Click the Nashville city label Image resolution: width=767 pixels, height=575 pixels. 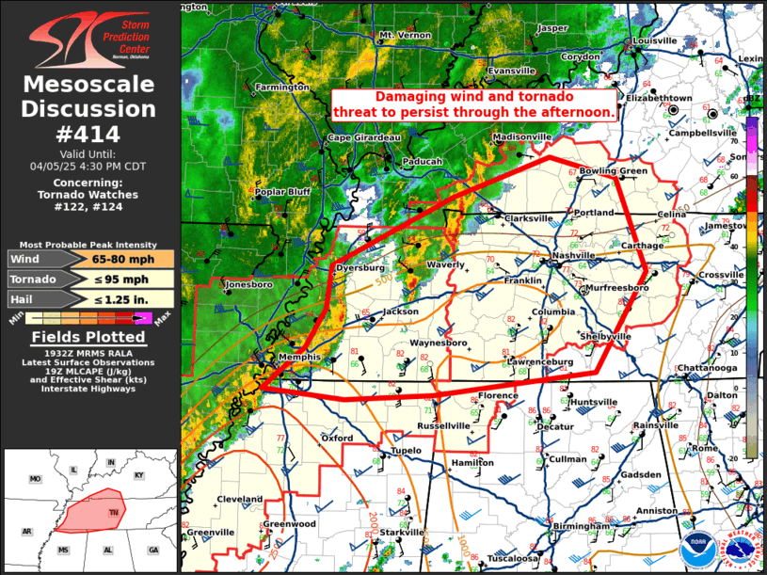574,255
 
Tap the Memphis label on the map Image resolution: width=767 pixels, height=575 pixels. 300,358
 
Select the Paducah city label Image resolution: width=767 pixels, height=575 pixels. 422,162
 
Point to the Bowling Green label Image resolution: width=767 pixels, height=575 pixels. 613,171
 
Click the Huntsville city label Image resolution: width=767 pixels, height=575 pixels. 594,402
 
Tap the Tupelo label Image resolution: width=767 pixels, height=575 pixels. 407,450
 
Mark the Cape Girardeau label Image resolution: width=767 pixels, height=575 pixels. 364,138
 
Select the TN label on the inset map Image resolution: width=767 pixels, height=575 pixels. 113,512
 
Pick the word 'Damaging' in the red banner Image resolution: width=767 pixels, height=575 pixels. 410,98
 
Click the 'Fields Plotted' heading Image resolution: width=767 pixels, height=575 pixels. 88,338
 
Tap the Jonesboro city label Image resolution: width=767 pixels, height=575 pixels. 248,283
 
